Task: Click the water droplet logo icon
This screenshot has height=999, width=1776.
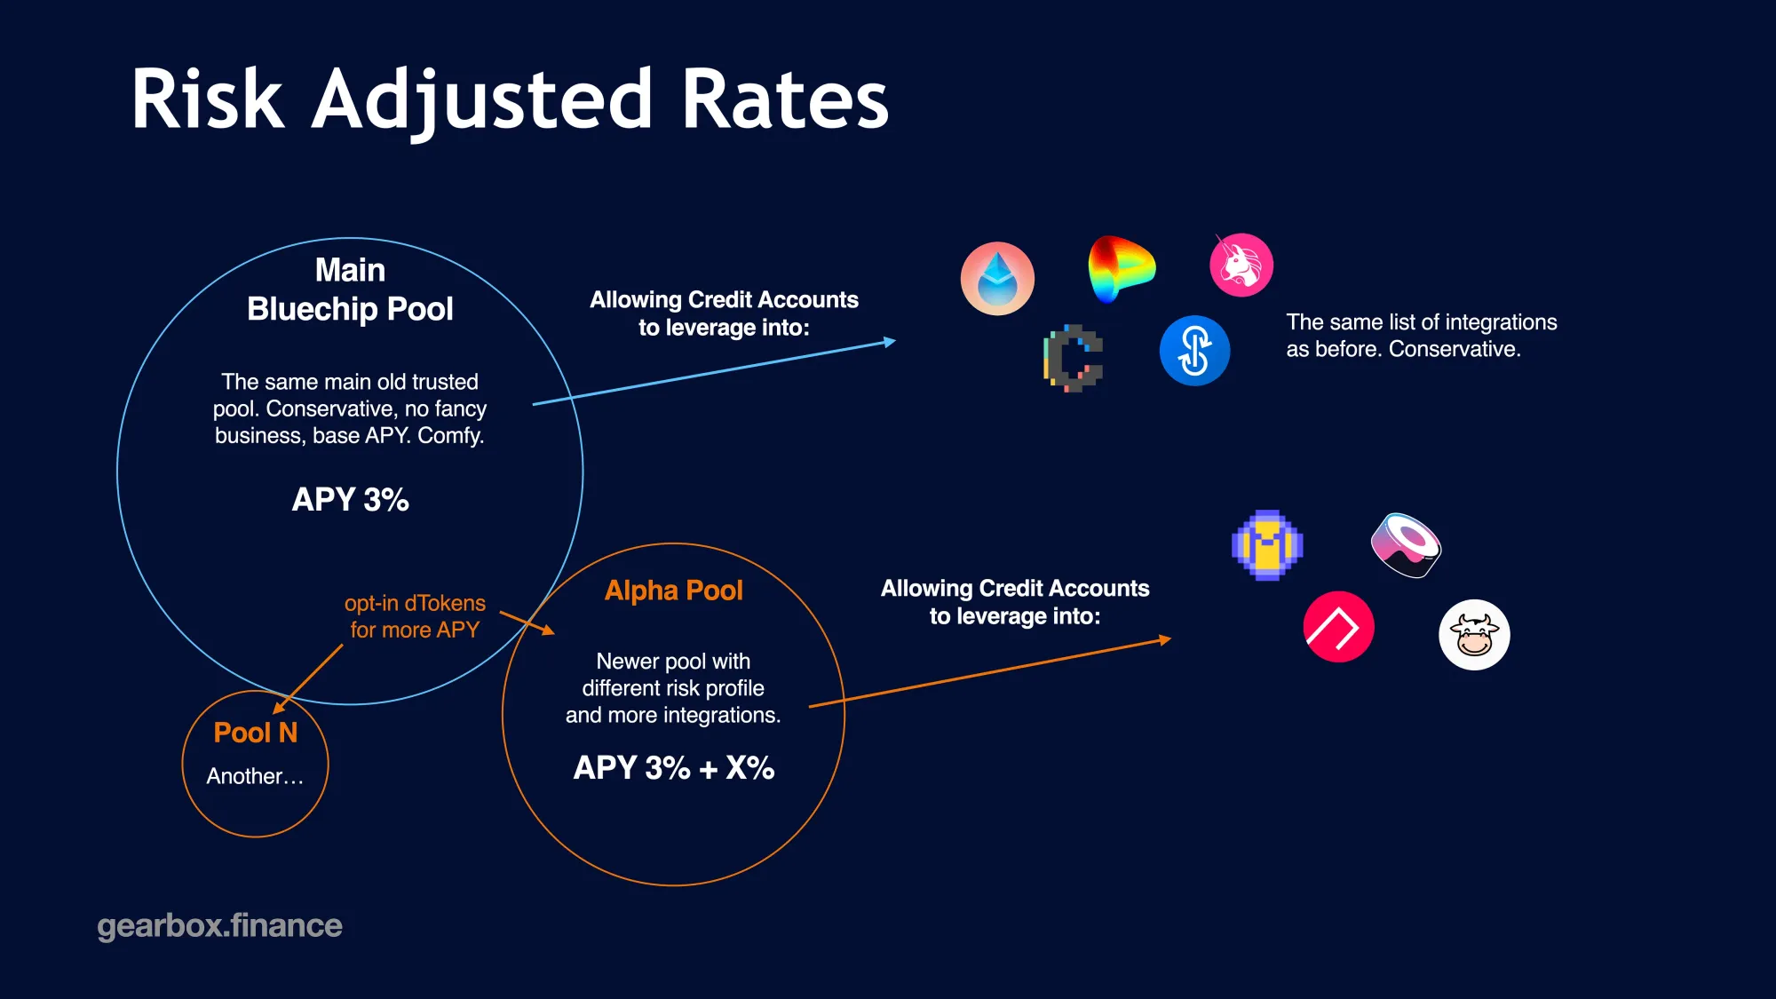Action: [x=997, y=278]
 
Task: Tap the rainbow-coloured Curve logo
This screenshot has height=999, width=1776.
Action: [x=1121, y=267]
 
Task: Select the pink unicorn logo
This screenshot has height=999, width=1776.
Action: [x=1241, y=265]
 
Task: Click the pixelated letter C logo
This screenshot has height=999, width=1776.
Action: [x=1074, y=358]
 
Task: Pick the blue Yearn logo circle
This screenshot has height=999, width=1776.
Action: [x=1194, y=350]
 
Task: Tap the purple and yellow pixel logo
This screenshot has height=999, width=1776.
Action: [x=1267, y=545]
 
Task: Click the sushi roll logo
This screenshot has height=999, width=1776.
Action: [x=1406, y=545]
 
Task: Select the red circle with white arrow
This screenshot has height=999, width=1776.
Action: [x=1338, y=627]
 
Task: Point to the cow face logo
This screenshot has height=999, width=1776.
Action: [x=1474, y=634]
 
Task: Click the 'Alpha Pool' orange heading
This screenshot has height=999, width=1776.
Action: [x=673, y=591]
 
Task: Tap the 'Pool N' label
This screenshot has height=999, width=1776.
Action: [x=256, y=733]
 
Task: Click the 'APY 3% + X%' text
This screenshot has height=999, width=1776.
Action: [x=674, y=768]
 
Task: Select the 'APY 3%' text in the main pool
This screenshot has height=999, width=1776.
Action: [x=351, y=500]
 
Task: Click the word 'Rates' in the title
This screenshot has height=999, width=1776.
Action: [x=785, y=99]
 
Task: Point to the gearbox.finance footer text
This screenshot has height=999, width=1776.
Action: [x=219, y=925]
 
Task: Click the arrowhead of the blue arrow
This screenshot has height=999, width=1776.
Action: [x=890, y=342]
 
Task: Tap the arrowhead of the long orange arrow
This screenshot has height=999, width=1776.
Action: [x=1165, y=639]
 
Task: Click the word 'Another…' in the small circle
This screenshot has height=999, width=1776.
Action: [x=255, y=777]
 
